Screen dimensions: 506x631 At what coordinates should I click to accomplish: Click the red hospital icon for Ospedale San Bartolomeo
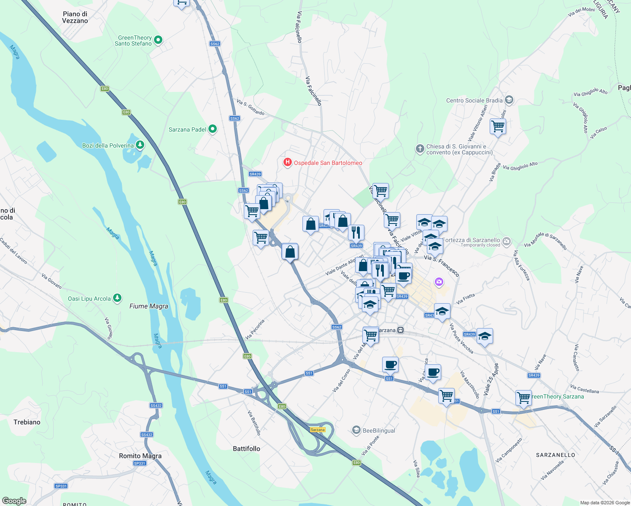point(287,162)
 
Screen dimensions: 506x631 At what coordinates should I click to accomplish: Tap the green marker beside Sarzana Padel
point(213,129)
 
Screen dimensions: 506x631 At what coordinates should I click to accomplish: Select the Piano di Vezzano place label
point(75,17)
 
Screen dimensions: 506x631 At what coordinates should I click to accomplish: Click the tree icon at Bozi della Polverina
point(140,145)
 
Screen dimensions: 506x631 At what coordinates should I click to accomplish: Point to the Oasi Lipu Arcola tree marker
point(118,298)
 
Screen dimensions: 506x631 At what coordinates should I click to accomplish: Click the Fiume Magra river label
point(148,306)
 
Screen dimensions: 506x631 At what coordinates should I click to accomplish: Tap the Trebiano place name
point(27,422)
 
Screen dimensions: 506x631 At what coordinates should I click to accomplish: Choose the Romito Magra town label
point(140,456)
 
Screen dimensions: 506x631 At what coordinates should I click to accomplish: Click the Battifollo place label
point(246,449)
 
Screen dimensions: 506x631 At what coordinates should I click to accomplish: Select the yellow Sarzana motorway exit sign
point(318,430)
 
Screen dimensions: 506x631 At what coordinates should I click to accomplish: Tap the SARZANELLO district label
point(555,455)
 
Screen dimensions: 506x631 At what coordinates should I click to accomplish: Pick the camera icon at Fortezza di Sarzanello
point(507,242)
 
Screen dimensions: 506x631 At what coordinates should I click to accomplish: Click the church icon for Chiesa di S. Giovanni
point(420,148)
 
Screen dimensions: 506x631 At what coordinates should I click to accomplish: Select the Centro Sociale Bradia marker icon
point(509,100)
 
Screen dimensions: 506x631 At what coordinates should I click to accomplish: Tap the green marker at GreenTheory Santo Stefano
point(158,40)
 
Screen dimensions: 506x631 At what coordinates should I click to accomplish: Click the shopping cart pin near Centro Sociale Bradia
point(498,126)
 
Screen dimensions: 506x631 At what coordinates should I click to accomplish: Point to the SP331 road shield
point(139,463)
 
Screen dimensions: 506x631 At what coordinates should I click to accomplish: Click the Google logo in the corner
point(14,501)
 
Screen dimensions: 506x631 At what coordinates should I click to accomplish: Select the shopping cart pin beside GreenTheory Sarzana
point(523,398)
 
